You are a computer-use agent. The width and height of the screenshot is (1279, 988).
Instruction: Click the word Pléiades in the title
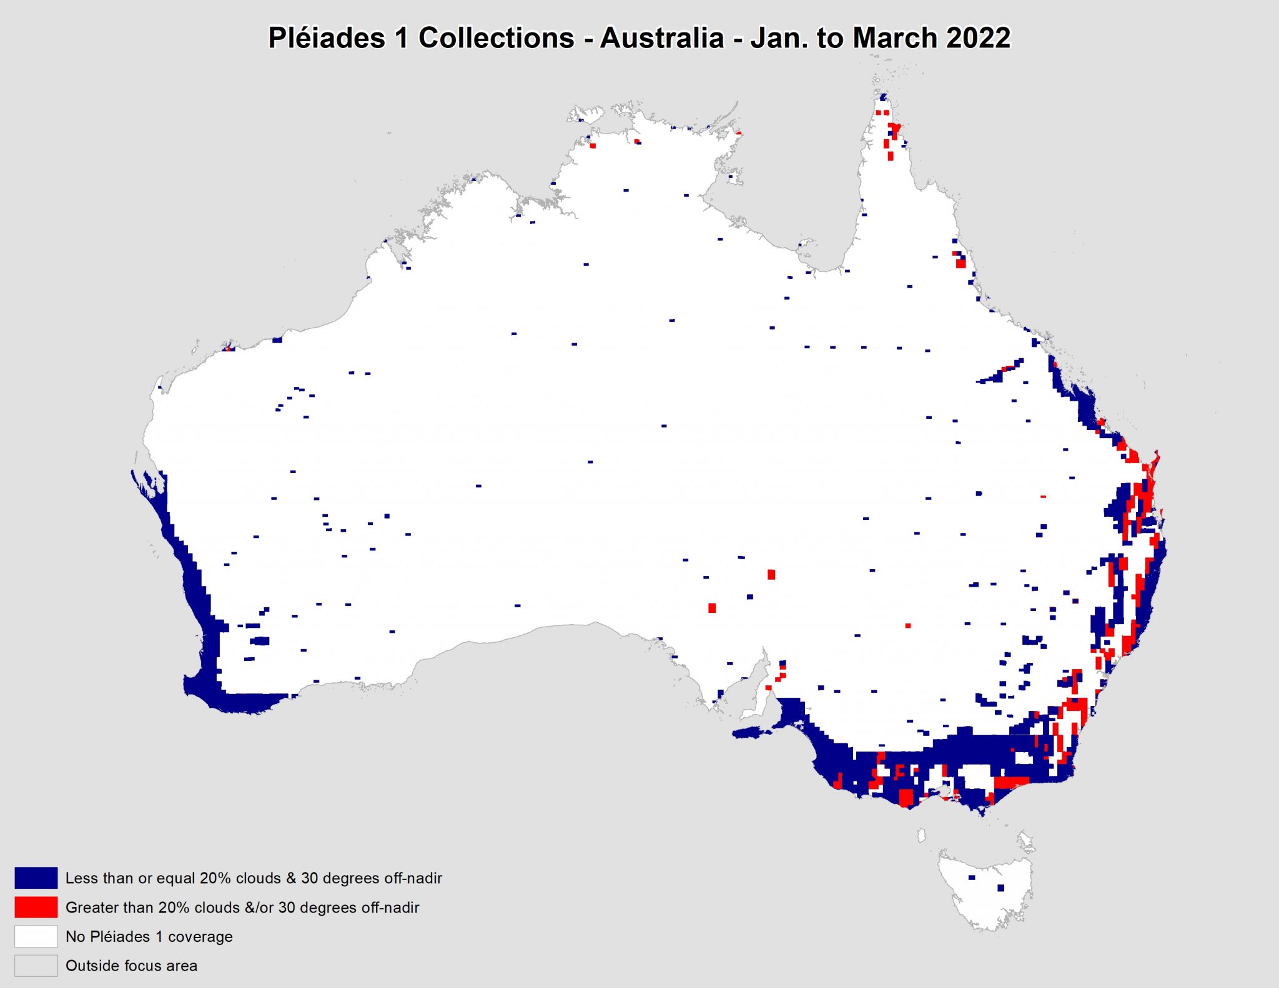pyautogui.click(x=326, y=37)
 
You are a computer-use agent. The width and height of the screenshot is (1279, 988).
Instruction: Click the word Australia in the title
pyautogui.click(x=662, y=37)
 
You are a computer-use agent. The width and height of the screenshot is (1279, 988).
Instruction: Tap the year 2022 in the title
pyautogui.click(x=978, y=37)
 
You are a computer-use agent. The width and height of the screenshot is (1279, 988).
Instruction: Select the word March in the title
pyautogui.click(x=894, y=37)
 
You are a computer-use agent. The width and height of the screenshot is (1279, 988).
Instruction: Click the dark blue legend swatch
pyautogui.click(x=36, y=878)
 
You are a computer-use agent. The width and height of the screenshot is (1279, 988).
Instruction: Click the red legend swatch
pyautogui.click(x=36, y=907)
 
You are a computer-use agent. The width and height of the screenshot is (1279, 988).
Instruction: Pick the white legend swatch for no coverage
pyautogui.click(x=36, y=936)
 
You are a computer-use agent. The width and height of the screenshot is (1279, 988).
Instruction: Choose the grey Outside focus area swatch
pyautogui.click(x=36, y=966)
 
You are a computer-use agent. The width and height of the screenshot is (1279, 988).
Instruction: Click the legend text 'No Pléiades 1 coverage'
pyautogui.click(x=149, y=936)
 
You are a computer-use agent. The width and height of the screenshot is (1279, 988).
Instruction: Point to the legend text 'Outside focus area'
pyautogui.click(x=131, y=966)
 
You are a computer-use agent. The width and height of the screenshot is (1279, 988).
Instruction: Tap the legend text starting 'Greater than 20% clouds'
pyautogui.click(x=242, y=907)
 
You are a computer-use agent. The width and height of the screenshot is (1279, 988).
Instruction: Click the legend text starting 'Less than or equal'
pyautogui.click(x=254, y=878)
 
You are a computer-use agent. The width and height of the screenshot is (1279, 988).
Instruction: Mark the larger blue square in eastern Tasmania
pyautogui.click(x=1000, y=888)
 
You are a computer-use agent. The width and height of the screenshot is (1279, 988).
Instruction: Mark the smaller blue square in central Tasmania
pyautogui.click(x=972, y=878)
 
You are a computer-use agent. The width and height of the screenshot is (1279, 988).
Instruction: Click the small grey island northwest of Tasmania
pyautogui.click(x=921, y=834)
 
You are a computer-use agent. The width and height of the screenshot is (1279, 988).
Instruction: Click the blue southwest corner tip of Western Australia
pyautogui.click(x=194, y=685)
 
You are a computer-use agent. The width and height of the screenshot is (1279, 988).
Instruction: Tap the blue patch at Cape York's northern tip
pyautogui.click(x=883, y=97)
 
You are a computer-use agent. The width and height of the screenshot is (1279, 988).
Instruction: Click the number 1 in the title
pyautogui.click(x=401, y=37)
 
